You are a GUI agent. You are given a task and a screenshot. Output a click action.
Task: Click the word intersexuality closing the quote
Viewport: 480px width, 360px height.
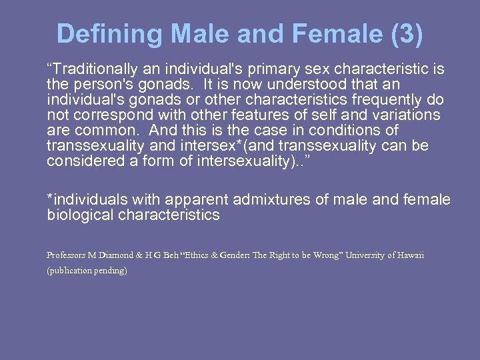click(x=214, y=161)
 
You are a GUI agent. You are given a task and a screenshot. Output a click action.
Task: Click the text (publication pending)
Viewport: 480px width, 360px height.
click(x=87, y=271)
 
